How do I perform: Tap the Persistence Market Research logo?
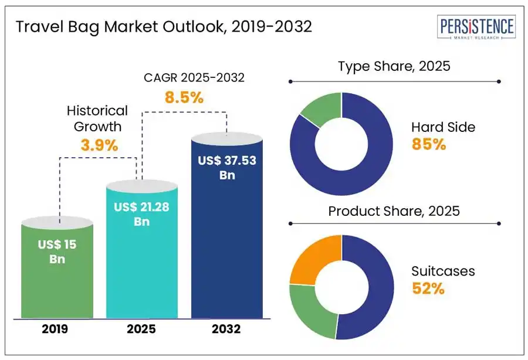(477, 28)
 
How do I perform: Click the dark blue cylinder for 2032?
(226, 246)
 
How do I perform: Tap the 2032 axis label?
(226, 329)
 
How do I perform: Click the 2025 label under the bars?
(141, 329)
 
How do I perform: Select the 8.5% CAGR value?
(184, 97)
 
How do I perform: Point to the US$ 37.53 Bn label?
(226, 167)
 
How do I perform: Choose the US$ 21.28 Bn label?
(141, 214)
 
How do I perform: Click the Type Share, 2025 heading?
(394, 66)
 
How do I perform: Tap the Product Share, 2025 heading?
(394, 210)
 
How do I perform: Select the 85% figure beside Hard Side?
(428, 144)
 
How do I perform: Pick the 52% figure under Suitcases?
(428, 288)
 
